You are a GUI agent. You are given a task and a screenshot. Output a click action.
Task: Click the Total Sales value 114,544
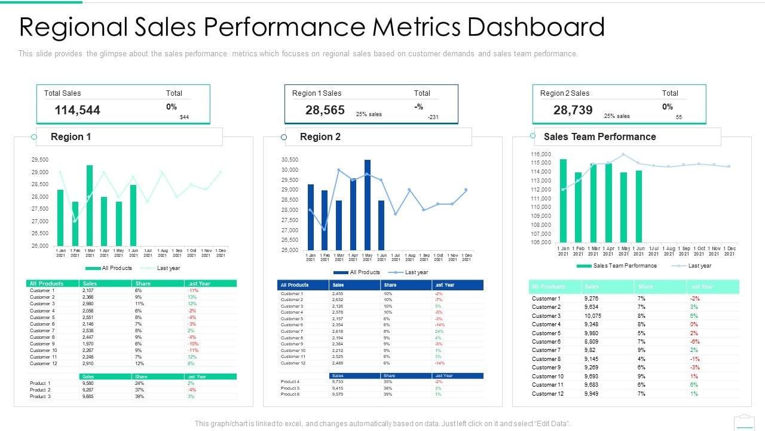[x=77, y=110]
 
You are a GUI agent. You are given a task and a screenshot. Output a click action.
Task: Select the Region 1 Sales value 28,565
[x=325, y=110]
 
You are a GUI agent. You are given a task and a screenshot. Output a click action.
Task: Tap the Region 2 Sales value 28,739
[x=573, y=110]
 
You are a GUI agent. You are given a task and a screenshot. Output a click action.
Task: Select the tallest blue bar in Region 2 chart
[x=368, y=204]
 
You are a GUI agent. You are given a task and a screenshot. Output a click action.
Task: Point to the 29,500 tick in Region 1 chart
[x=40, y=160]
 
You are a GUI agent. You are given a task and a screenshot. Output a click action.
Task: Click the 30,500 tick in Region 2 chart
[x=289, y=160]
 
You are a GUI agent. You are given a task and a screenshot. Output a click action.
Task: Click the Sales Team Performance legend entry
[x=624, y=266]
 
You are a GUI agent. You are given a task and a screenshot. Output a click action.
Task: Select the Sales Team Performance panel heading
[x=599, y=136]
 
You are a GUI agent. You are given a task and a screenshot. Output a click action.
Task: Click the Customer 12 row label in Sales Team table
[x=547, y=393]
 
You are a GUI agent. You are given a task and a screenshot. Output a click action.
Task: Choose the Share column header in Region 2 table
[x=390, y=285]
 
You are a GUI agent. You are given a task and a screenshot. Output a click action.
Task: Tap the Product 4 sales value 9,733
[x=338, y=381]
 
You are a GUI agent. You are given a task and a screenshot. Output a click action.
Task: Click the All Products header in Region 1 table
[x=47, y=283]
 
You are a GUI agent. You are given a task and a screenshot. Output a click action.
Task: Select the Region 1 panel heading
[x=71, y=136]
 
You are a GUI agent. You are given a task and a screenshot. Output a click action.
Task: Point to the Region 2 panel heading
[x=320, y=136]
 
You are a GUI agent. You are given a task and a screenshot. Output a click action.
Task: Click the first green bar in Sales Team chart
[x=563, y=200]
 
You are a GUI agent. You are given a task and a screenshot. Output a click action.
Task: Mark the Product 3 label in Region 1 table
[x=40, y=396]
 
